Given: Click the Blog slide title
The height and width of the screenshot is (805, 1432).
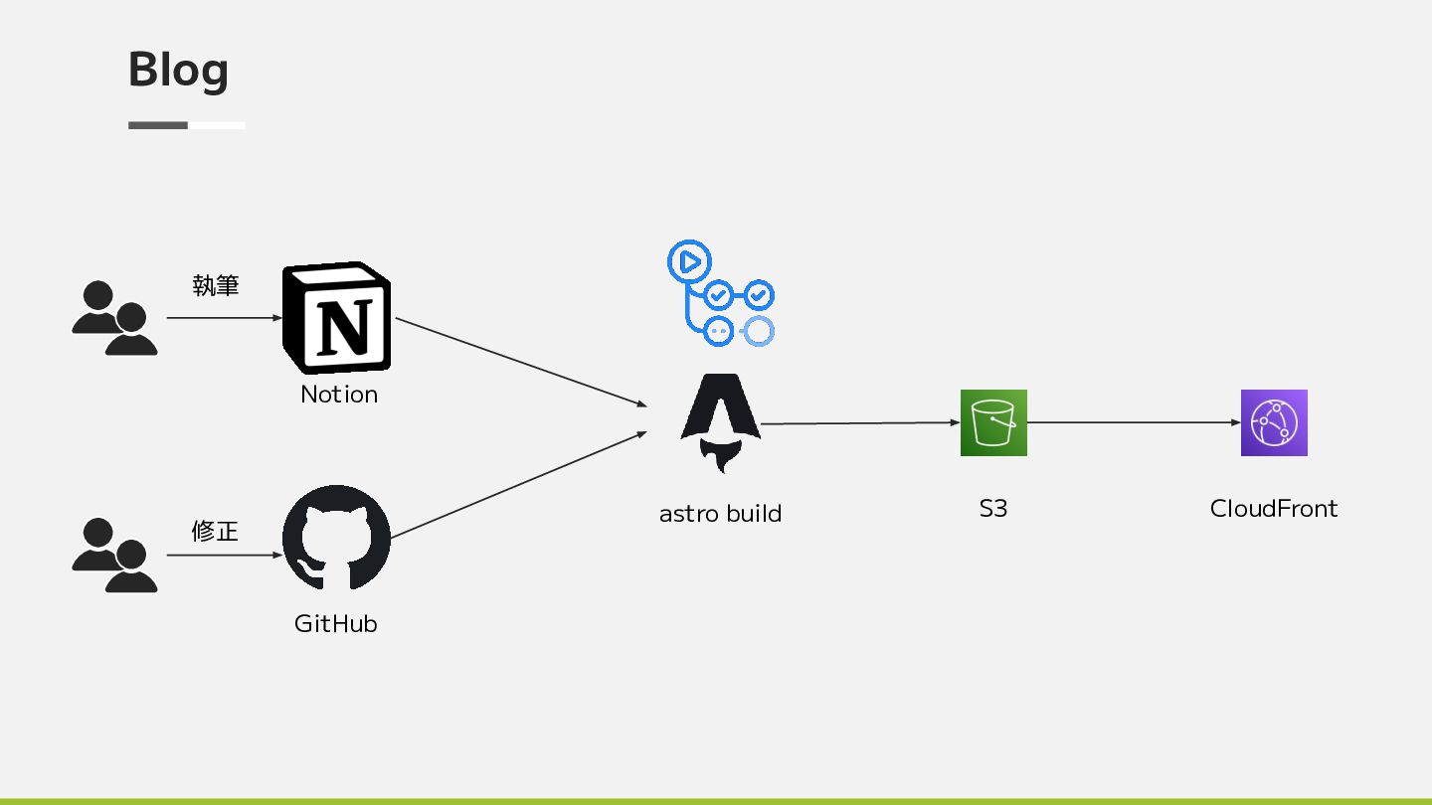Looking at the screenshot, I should pos(179,70).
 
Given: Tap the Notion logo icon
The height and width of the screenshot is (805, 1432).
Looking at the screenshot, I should pos(337,319).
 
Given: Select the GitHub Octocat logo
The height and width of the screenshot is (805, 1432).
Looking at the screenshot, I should pos(336,538).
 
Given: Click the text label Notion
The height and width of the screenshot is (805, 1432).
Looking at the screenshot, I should pos(339,395).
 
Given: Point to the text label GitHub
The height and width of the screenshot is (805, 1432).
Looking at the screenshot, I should pos(336,624).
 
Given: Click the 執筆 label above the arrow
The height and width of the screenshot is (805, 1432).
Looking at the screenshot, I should pos(216,286).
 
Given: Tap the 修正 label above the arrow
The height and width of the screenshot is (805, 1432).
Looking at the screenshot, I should pos(215,532).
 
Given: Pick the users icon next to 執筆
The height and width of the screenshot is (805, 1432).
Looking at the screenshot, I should pos(114,319).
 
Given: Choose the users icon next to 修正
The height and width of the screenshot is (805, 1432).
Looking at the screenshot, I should pos(114,556).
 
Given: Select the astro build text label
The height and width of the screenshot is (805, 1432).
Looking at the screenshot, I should pos(721,514).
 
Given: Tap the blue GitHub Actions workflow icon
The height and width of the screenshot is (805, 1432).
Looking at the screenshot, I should pos(721,294).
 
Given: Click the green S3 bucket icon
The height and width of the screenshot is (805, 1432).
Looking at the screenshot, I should pos(993,423).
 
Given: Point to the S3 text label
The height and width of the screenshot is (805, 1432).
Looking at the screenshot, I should pos(993,509).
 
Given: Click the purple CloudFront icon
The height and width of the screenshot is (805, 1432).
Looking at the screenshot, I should pos(1274,423).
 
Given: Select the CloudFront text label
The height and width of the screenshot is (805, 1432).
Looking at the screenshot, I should pos(1274,509).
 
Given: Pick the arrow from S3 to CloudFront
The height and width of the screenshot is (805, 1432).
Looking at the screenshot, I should pos(1134,422).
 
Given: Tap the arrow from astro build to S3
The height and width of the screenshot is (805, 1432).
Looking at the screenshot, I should pos(860,423).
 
